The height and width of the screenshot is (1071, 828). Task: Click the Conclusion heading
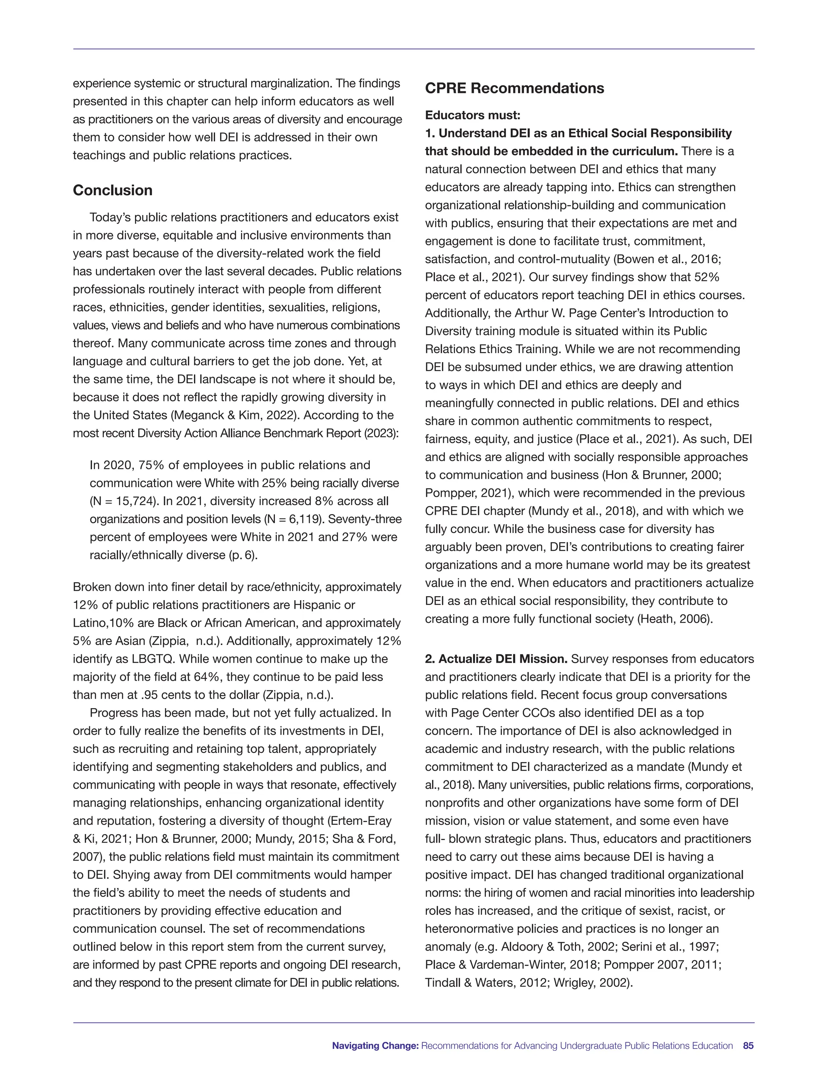tap(112, 190)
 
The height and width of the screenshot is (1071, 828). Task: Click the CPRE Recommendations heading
tap(514, 88)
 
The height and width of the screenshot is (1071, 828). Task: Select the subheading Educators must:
tap(472, 115)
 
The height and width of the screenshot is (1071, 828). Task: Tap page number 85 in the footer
tap(748, 1046)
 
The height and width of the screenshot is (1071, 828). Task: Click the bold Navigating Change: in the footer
tap(375, 1046)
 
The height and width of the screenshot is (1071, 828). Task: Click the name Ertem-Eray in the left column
tap(361, 821)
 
